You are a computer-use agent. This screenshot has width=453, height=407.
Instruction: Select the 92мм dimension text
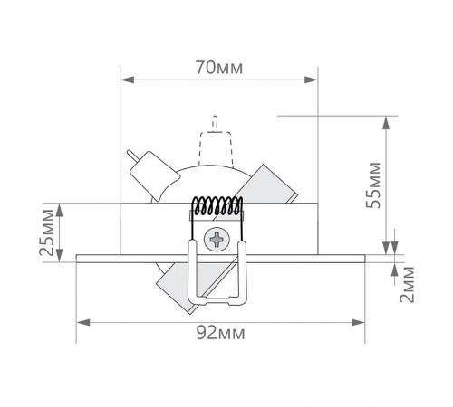click(x=221, y=333)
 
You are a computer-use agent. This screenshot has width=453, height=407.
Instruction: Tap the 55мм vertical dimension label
click(x=372, y=185)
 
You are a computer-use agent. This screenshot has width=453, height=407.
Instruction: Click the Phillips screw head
click(x=217, y=240)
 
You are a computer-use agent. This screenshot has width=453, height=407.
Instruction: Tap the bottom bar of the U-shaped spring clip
click(x=217, y=301)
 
